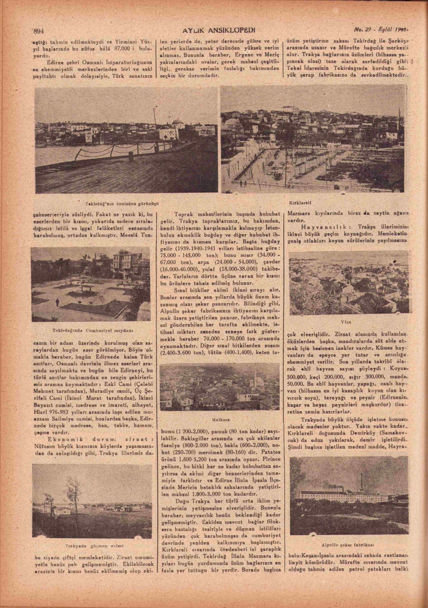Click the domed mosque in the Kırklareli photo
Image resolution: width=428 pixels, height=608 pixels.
click(232, 124)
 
